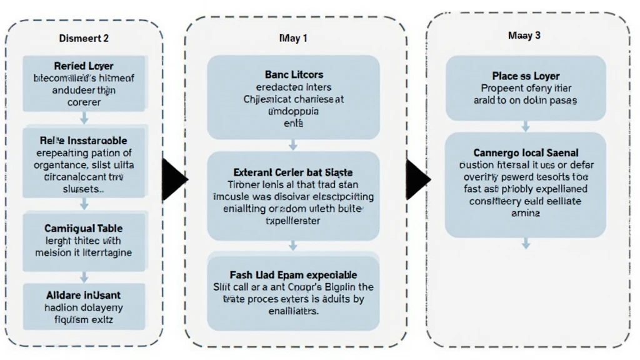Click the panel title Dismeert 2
click(84, 38)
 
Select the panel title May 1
click(293, 38)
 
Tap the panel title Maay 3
click(524, 36)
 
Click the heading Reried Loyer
click(84, 66)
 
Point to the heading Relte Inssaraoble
click(84, 141)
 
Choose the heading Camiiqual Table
click(84, 229)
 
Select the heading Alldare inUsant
click(84, 294)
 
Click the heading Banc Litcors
click(293, 75)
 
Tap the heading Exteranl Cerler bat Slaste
click(293, 172)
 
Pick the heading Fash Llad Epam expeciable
click(293, 274)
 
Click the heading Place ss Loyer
click(525, 76)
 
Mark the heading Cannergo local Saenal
click(525, 152)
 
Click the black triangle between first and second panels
click(174, 181)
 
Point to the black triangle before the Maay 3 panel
click(417, 181)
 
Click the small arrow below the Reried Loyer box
click(84, 118)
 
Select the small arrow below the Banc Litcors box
click(293, 144)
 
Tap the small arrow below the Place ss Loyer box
click(526, 126)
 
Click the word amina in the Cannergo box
click(525, 213)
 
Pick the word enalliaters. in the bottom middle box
click(293, 311)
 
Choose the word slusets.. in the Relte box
click(84, 188)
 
